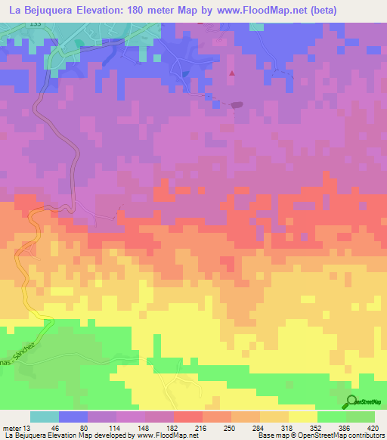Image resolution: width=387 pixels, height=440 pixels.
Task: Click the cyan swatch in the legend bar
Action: pos(45,417)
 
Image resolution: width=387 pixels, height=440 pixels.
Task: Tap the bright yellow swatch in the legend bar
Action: pos(302,417)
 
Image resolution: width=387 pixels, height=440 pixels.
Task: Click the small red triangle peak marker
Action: pos(232,73)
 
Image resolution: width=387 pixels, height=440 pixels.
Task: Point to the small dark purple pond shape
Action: pos(237,105)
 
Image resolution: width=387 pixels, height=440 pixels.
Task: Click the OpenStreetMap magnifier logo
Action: pos(352,402)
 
